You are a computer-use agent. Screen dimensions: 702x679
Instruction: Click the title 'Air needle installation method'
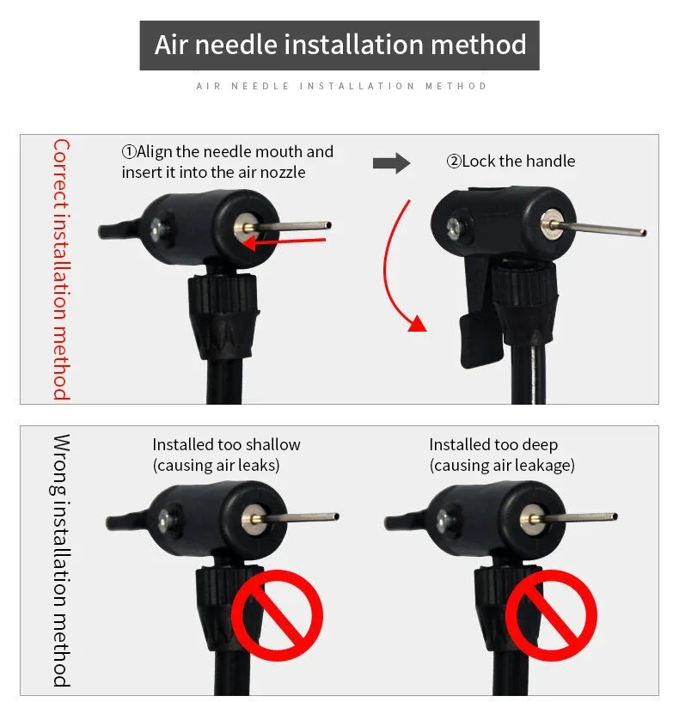[x=339, y=45]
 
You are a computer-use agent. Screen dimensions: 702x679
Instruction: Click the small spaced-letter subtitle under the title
[x=341, y=86]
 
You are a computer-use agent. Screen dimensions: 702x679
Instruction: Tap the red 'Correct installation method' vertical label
[x=61, y=269]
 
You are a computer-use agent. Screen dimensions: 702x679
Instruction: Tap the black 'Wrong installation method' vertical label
[x=61, y=559]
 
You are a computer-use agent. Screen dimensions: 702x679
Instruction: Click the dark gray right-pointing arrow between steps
[x=391, y=162]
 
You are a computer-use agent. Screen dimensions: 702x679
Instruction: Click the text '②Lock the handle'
[x=511, y=162]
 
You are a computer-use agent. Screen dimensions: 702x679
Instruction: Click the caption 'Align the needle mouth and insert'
[x=227, y=162]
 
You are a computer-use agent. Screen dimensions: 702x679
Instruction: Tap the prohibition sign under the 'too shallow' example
[x=279, y=613]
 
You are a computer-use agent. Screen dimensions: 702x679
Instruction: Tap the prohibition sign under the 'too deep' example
[x=550, y=613]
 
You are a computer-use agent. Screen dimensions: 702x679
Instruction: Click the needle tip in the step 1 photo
[x=327, y=226]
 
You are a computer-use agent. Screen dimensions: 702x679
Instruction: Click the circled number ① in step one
[x=129, y=152]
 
